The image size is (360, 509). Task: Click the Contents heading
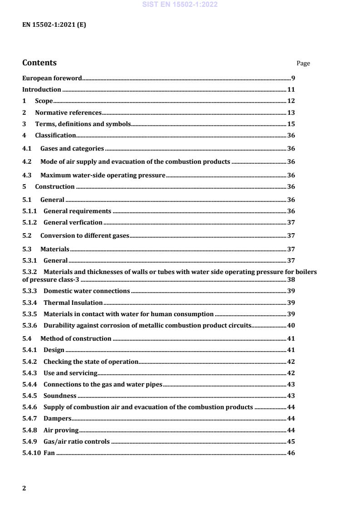[x=39, y=63]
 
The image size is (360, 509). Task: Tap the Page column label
[x=303, y=64]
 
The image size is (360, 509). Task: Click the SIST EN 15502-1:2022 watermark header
[x=180, y=5]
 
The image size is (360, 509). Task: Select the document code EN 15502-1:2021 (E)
[x=54, y=25]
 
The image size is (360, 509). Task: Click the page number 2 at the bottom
[x=24, y=488]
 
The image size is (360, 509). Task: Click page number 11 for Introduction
[x=291, y=89]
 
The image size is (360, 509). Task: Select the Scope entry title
[x=44, y=101]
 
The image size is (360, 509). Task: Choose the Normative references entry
[x=68, y=113]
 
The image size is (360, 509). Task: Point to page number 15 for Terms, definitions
[x=291, y=124]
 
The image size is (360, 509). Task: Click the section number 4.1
[x=27, y=148]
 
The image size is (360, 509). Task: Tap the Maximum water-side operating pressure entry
[x=103, y=175]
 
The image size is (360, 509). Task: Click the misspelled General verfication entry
[x=73, y=222]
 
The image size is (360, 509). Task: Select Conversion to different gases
[x=85, y=235]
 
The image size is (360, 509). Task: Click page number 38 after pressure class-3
[x=291, y=279]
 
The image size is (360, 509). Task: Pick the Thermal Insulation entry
[x=73, y=303]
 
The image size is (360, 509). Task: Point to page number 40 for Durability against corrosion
[x=291, y=325]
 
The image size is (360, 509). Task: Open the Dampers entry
[x=57, y=418]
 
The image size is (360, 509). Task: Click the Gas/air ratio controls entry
[x=76, y=441]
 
